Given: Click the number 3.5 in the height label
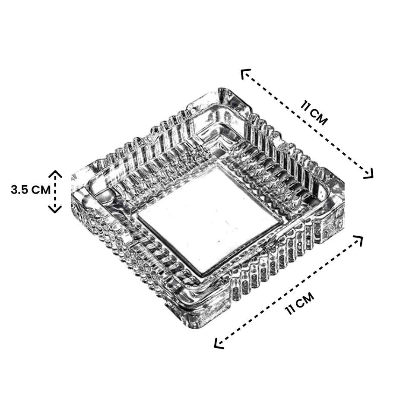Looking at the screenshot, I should click(21, 190).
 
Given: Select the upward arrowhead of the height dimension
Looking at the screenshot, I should click(55, 174).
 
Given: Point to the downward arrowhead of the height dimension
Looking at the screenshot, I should click(55, 209).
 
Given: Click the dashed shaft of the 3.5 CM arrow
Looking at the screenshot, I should click(55, 191).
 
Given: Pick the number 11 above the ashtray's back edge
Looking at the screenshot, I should click(307, 108).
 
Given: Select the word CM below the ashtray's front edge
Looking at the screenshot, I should click(306, 298).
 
